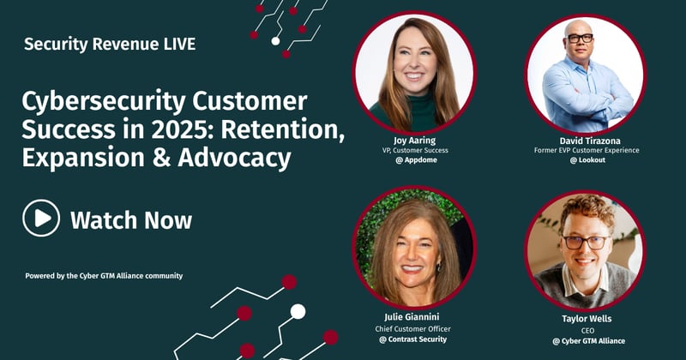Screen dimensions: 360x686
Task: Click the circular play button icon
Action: [41, 219]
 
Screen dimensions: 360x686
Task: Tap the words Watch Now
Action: [131, 219]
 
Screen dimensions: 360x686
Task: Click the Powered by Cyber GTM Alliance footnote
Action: [104, 275]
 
